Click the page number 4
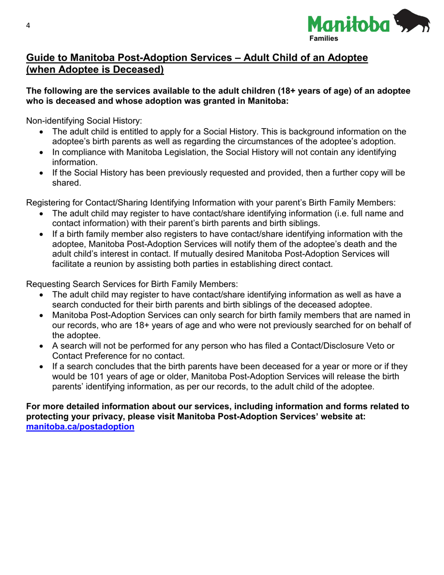pyautogui.click(x=28, y=26)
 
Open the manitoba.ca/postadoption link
pyautogui.click(x=80, y=427)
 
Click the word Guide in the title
pyautogui.click(x=39, y=58)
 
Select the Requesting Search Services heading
pyautogui.click(x=132, y=284)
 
